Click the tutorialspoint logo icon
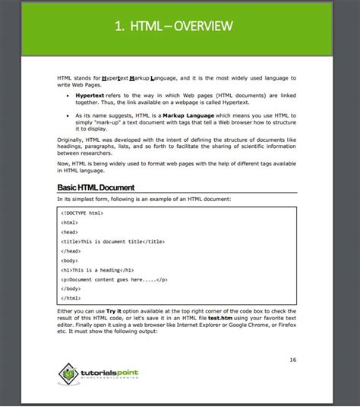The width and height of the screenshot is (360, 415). tap(70, 372)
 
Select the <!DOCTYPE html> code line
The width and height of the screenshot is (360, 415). tap(82, 213)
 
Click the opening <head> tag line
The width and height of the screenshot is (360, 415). tap(71, 231)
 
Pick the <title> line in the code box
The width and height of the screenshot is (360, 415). tap(113, 241)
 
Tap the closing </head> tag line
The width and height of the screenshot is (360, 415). tap(71, 250)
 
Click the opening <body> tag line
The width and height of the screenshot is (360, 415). tap(71, 260)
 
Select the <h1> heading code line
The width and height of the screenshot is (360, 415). tap(98, 269)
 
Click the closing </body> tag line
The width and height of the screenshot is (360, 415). tap(71, 288)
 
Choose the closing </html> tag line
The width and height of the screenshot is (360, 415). tap(71, 298)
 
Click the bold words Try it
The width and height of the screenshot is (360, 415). tap(113, 312)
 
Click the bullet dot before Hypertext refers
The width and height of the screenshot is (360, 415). tap(68, 96)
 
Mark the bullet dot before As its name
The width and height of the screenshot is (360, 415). tap(68, 114)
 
